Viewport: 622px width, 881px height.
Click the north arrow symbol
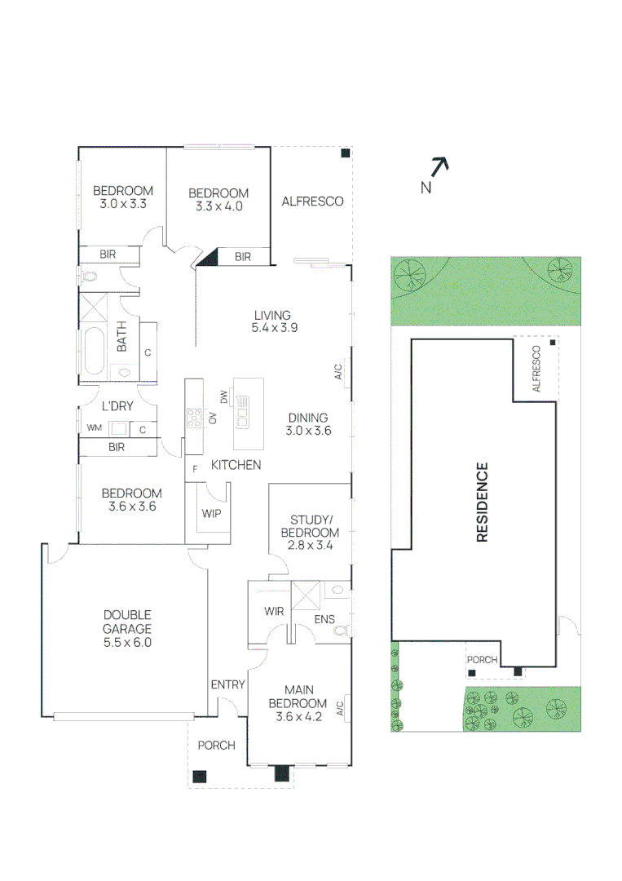coord(439,167)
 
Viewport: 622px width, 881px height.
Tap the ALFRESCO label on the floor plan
coord(312,201)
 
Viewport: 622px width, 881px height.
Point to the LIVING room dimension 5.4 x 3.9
coord(272,330)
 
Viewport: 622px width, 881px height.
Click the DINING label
coord(308,418)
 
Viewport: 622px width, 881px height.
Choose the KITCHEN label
coord(236,465)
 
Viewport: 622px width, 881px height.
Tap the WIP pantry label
coord(210,514)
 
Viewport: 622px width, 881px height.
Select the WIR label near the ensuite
coord(273,611)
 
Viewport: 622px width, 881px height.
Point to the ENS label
coord(325,621)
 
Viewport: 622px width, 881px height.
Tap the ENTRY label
coord(227,684)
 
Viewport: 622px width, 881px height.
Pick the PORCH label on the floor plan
coord(217,745)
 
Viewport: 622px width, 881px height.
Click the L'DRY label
coord(117,405)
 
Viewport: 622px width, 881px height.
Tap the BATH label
coord(122,336)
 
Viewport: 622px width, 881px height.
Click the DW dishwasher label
coord(223,396)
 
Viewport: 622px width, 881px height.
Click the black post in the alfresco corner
coord(346,153)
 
